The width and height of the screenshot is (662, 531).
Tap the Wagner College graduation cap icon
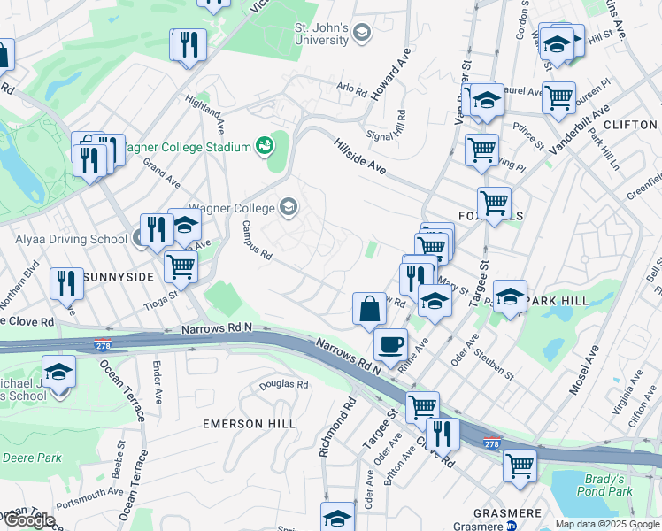(288, 208)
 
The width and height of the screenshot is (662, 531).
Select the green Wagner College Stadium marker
(263, 145)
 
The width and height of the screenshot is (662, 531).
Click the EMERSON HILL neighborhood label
(249, 424)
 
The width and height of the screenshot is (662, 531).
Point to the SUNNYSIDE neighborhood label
(119, 277)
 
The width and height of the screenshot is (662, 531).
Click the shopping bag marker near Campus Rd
(368, 309)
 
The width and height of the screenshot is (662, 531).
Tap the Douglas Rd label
(284, 386)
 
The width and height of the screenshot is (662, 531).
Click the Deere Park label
(32, 458)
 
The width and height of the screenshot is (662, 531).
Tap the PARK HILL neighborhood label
(558, 301)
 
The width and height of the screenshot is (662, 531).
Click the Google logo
(28, 520)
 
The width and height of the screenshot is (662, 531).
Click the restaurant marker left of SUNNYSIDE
(66, 283)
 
